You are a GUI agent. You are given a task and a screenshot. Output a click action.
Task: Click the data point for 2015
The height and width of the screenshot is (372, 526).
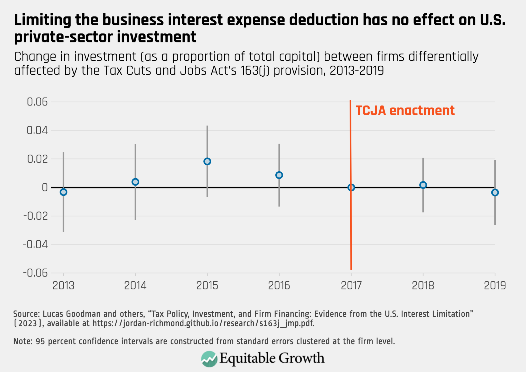point(207,162)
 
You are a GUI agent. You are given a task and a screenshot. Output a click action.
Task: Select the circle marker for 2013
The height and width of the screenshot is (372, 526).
point(63,192)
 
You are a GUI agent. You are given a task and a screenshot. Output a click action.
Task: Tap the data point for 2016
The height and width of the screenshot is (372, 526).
point(279,175)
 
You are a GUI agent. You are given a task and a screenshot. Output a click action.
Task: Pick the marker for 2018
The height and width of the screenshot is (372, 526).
point(423,185)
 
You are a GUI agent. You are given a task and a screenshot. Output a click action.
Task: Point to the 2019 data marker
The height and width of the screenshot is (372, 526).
point(495,192)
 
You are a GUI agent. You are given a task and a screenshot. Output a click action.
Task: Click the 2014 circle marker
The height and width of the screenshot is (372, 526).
point(135,182)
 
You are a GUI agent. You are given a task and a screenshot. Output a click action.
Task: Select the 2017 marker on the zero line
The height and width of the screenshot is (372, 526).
point(351,188)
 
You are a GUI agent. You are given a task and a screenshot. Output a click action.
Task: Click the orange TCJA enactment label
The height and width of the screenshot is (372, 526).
point(405,111)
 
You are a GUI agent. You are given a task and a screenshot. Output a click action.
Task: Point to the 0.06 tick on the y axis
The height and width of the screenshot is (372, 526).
point(37,102)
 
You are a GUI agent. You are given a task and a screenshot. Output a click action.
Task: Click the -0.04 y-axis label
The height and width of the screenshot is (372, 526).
point(35,244)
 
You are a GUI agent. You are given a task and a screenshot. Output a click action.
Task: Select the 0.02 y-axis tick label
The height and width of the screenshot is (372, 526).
point(37,159)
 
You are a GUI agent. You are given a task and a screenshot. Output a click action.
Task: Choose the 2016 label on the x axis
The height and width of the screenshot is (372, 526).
point(279,286)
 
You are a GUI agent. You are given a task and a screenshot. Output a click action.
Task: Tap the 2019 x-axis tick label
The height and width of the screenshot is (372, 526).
point(495,286)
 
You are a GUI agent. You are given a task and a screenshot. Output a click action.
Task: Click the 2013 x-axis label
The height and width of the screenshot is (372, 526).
point(63,286)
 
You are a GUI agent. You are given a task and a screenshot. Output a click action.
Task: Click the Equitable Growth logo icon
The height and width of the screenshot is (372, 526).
point(209,359)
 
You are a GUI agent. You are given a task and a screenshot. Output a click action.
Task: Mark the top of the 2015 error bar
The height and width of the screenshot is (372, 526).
point(207,126)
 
